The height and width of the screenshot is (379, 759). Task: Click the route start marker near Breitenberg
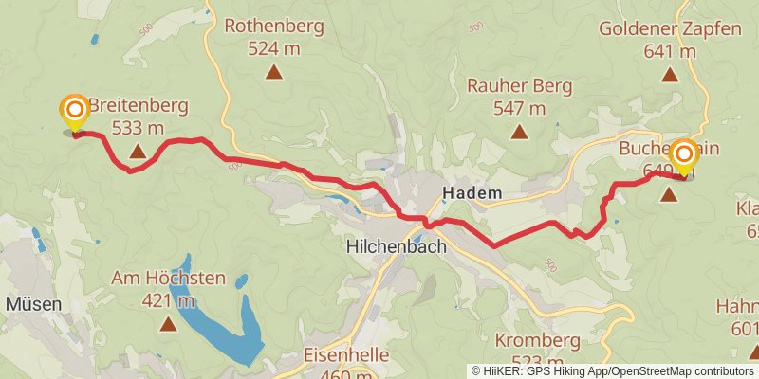[74, 112]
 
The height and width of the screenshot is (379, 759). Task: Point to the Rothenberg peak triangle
[273, 72]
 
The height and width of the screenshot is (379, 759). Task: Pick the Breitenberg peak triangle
[138, 151]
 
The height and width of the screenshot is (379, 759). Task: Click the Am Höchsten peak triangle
[168, 324]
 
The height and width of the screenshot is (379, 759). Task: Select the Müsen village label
[34, 305]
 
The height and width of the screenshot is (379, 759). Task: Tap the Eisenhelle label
[346, 354]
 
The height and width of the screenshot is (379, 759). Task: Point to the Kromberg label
[537, 340]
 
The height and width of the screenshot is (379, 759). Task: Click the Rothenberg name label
[273, 26]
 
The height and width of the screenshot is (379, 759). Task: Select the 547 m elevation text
[519, 108]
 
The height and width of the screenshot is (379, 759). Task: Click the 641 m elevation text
[670, 51]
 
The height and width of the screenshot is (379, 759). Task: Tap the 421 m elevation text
[168, 301]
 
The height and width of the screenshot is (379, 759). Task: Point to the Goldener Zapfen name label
[670, 28]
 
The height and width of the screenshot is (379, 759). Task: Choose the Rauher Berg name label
[519, 86]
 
